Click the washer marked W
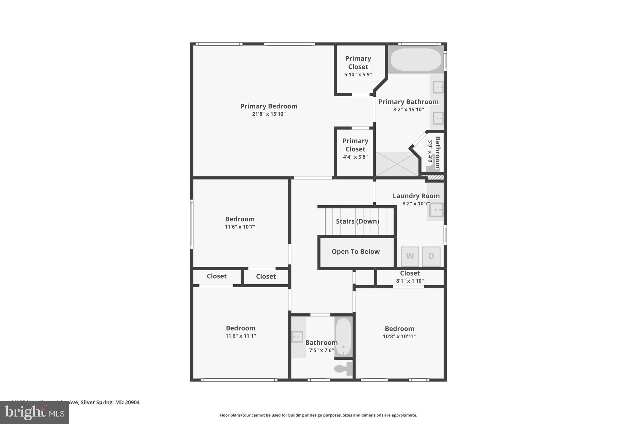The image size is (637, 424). coord(410,257)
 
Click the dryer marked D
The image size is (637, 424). coord(431,257)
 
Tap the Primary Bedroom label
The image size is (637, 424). coord(269,106)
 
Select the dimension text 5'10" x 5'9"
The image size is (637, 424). coord(358,75)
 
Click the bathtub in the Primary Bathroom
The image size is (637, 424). coord(416,59)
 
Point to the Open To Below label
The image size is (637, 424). coord(356,252)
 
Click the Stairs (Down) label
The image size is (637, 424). coord(357,221)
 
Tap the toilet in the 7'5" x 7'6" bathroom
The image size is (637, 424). coord(342,369)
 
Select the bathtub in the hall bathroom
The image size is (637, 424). coord(344,336)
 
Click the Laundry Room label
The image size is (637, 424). coord(416,196)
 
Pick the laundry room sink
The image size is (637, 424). coord(436,210)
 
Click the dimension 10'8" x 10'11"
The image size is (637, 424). coord(399,336)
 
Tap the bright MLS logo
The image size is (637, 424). coord(35,413)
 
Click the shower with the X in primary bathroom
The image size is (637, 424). coord(397,164)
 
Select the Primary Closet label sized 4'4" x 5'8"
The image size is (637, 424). coord(355,145)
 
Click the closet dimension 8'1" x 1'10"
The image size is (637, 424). coord(410,281)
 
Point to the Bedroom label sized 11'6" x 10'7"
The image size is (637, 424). coord(240,219)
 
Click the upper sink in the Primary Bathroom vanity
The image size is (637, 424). coord(438,87)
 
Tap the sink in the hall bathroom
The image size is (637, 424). coord(297,337)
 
